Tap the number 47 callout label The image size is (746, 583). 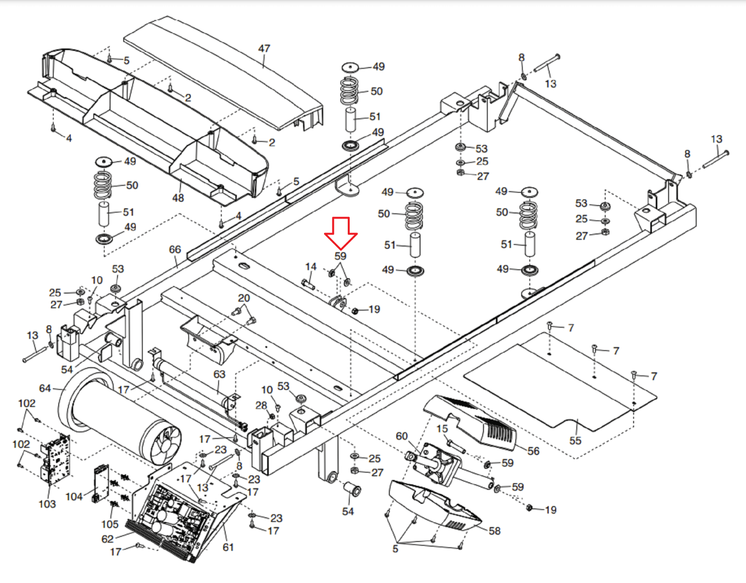coord(264,48)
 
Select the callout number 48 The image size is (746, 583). coord(178,198)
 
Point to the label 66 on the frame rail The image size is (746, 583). coord(175,249)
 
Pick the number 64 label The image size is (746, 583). coord(45,389)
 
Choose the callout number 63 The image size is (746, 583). coord(220,374)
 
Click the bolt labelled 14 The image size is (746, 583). coord(308,284)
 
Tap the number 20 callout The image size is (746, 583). coord(244,298)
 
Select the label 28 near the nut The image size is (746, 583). coord(261,405)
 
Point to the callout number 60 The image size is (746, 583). coord(401,436)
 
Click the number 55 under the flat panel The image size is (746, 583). coord(575,441)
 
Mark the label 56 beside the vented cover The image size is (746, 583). coord(533,451)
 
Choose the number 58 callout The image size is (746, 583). coord(494,531)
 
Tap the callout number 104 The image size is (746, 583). coord(74,496)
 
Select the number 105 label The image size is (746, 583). coord(110,524)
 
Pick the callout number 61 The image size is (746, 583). coord(228,547)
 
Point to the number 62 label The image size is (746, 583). coord(107,539)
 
